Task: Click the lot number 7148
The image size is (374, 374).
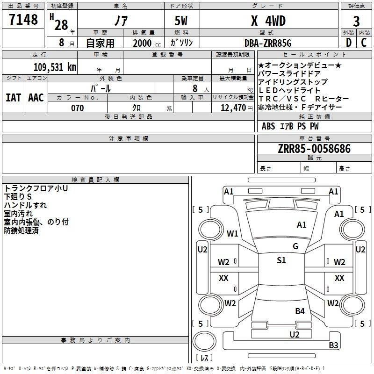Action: (x=23, y=19)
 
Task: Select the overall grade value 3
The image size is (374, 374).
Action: (x=356, y=22)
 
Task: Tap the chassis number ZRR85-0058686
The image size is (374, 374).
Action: (x=314, y=149)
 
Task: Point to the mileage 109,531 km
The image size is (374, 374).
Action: (x=55, y=67)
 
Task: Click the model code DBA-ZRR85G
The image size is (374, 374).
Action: (x=268, y=43)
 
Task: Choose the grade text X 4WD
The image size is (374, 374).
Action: (x=268, y=21)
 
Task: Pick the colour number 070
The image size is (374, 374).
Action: (x=78, y=108)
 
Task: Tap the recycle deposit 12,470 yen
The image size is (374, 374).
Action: (x=237, y=108)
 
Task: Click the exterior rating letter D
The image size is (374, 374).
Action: (x=348, y=43)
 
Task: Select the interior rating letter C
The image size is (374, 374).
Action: (x=364, y=43)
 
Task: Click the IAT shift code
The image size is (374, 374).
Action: (x=13, y=98)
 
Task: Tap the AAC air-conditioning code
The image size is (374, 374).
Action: (x=36, y=98)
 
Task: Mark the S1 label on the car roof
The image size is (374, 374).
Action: (x=281, y=260)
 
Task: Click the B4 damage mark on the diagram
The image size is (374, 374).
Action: (x=300, y=311)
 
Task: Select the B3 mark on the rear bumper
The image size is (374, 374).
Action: (x=333, y=345)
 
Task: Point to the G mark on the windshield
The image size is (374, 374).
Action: (x=295, y=246)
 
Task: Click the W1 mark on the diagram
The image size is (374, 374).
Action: (x=232, y=233)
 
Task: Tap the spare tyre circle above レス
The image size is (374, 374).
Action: (x=204, y=341)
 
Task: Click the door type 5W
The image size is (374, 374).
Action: (x=181, y=21)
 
